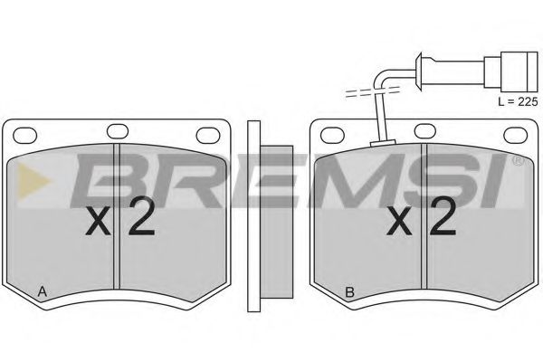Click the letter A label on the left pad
42,291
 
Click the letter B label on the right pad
348,291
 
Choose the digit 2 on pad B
441,217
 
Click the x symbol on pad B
400,222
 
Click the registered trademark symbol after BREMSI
517,162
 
